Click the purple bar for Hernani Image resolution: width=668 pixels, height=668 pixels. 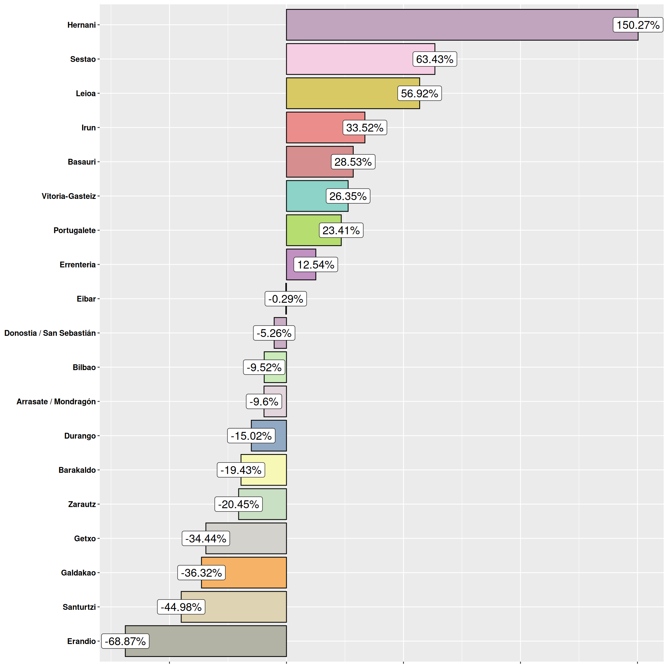(449, 25)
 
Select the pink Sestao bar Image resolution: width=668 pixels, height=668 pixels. (349, 59)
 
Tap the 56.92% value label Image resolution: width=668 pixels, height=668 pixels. (420, 93)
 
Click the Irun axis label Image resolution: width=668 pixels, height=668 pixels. (88, 128)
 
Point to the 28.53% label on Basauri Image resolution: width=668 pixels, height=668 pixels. (353, 162)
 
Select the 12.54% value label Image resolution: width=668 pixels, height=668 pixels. (316, 264)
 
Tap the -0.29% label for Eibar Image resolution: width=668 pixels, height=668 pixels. (286, 299)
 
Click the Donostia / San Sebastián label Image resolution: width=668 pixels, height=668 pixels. (50, 333)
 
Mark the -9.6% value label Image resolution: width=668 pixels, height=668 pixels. (264, 402)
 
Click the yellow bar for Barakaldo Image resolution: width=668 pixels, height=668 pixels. (275, 470)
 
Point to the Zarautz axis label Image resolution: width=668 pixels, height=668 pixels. (82, 504)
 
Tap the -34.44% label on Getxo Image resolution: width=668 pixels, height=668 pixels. (206, 538)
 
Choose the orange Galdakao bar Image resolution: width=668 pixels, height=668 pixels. (256, 573)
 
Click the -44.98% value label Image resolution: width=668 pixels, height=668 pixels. (181, 607)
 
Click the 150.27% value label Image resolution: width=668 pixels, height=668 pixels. (638, 25)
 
